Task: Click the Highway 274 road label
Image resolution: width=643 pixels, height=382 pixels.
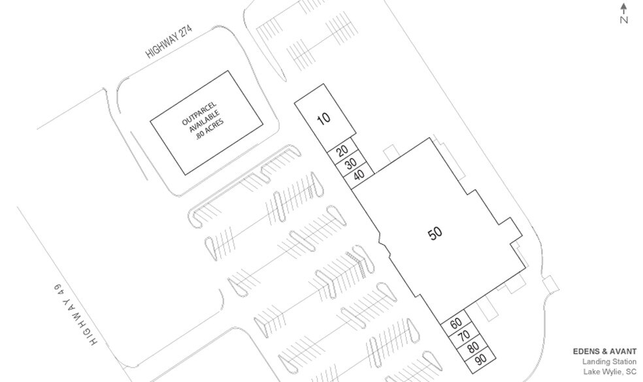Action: [x=172, y=44]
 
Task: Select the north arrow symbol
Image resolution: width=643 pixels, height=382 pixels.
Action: [x=624, y=8]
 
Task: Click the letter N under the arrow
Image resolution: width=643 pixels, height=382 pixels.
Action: [x=624, y=20]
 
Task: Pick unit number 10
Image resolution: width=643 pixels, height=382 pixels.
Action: [x=323, y=118]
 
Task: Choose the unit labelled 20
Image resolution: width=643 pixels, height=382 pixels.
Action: [x=342, y=151]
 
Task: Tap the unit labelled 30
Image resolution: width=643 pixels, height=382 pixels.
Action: [x=350, y=163]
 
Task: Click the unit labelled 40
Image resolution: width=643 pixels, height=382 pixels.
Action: [x=358, y=175]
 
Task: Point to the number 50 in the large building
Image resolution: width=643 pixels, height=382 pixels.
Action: [x=435, y=234]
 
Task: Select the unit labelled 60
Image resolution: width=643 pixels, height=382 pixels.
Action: [x=456, y=323]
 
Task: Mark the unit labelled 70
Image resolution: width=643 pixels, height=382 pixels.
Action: [x=464, y=336]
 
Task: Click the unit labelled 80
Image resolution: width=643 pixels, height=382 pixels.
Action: [x=472, y=347]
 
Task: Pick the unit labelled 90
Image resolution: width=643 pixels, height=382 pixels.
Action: [x=480, y=360]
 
